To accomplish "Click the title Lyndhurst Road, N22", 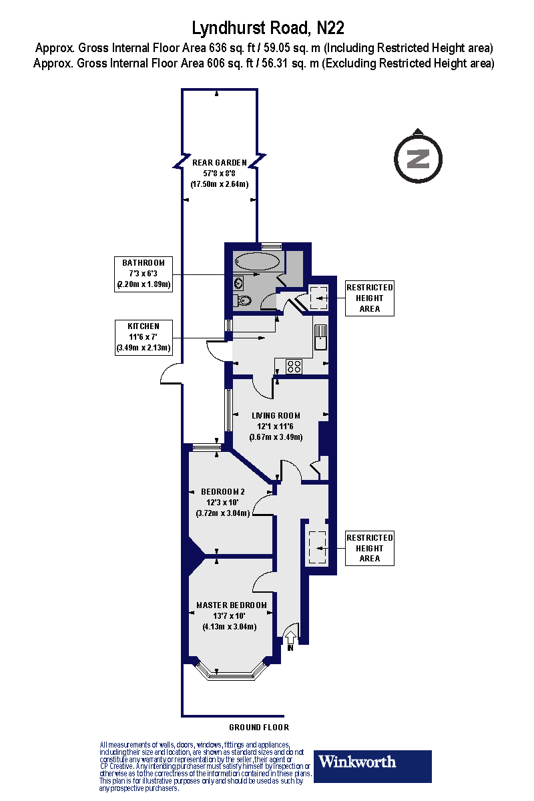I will pos(268,27).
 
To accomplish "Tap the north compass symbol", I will pos(418,158).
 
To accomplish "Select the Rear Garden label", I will pos(219,173).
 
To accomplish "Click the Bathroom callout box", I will pos(143,274).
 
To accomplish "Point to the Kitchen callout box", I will pos(143,336).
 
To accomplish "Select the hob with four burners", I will pos(294,366).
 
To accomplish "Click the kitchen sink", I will pos(320,337).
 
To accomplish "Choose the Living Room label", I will pos(276,426).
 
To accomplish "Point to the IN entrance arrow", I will pos(291,637).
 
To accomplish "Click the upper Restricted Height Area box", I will pos(369,298).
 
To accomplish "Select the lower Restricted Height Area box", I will pos(369,548).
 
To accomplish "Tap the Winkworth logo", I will pos(372,766).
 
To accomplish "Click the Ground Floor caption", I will pos(259,727).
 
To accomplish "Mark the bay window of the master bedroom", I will pos(231,670).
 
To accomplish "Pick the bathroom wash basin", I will pos(239,283).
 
